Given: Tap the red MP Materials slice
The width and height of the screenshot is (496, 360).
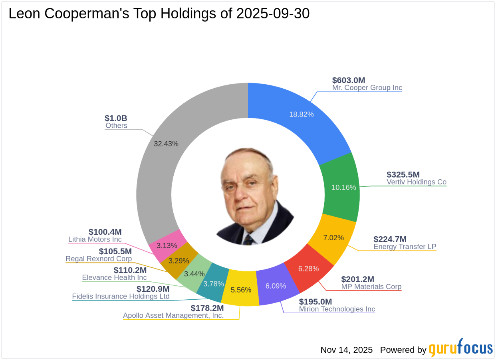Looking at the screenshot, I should click(x=309, y=269).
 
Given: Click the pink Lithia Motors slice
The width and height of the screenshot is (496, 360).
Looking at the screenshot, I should click(x=167, y=245).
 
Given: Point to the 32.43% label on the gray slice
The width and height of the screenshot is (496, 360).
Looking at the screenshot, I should click(x=166, y=144).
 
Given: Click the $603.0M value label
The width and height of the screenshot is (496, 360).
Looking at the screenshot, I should click(x=349, y=80).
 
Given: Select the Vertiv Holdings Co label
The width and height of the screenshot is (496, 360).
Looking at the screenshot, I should click(x=417, y=182).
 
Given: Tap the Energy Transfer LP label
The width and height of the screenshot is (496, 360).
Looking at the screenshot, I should click(x=405, y=247).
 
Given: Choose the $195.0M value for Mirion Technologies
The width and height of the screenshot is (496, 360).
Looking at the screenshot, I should click(x=315, y=302).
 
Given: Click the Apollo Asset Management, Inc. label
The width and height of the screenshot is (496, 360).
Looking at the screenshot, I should click(x=173, y=315).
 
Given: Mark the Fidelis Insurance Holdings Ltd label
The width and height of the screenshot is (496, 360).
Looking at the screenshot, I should click(x=121, y=297).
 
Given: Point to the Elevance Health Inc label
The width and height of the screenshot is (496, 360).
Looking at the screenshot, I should click(x=114, y=277).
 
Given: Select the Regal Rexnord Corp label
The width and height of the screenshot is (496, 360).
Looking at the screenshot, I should click(x=99, y=259).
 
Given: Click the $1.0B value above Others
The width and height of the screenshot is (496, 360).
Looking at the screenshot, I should click(x=116, y=118).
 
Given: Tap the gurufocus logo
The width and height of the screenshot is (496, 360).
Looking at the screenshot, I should click(x=461, y=348).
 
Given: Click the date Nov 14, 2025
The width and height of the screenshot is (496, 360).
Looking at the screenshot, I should click(x=346, y=350).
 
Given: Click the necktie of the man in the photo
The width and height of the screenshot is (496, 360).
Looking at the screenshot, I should click(x=248, y=239).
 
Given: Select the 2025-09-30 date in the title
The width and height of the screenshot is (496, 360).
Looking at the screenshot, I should click(x=273, y=14).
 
